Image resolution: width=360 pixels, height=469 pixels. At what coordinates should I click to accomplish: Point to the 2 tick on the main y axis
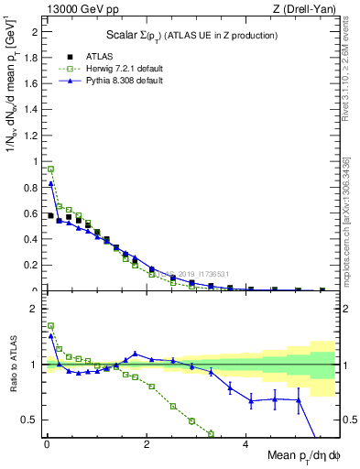coord(35,31)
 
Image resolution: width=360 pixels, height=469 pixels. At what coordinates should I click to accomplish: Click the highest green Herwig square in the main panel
coord(51,169)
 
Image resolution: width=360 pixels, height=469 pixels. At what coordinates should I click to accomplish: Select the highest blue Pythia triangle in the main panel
coord(51,183)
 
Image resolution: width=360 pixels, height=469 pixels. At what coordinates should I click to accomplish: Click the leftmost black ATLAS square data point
coord(50,215)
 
